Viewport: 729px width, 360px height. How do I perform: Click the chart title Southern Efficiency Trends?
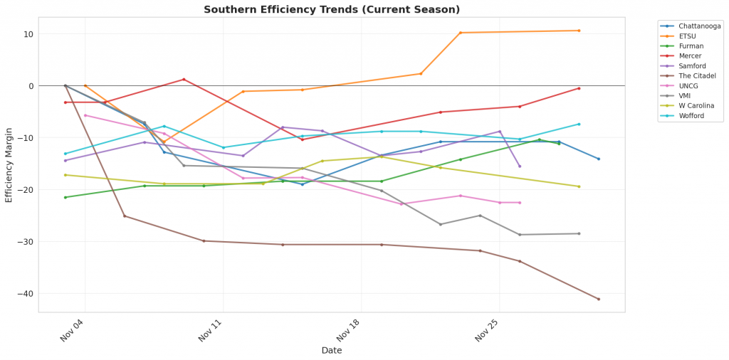click(x=332, y=9)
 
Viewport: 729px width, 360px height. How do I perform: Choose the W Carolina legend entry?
click(x=696, y=105)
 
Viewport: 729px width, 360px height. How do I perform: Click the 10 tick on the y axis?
click(x=28, y=34)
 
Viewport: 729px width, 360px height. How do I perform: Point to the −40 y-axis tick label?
click(x=26, y=294)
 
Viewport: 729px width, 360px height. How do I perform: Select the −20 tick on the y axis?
click(x=26, y=190)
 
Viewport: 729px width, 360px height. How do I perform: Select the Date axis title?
click(x=332, y=350)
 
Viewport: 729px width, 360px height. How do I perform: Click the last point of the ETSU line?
click(x=579, y=31)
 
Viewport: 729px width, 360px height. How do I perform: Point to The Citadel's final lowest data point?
click(x=598, y=299)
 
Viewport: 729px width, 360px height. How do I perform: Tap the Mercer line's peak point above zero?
click(x=184, y=79)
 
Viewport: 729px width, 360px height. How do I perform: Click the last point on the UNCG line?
click(x=520, y=203)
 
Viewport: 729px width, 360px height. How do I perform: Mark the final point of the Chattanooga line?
click(x=598, y=159)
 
